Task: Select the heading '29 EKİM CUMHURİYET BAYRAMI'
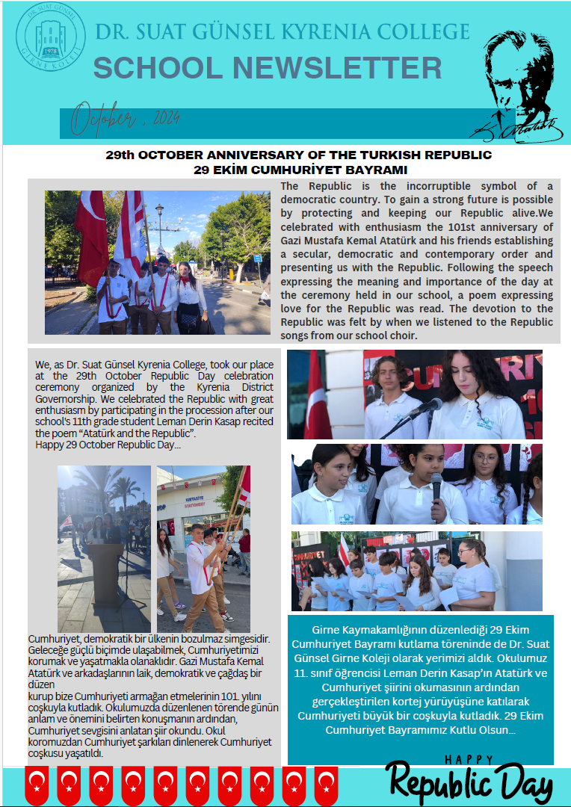299,170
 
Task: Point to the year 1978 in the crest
51,51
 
